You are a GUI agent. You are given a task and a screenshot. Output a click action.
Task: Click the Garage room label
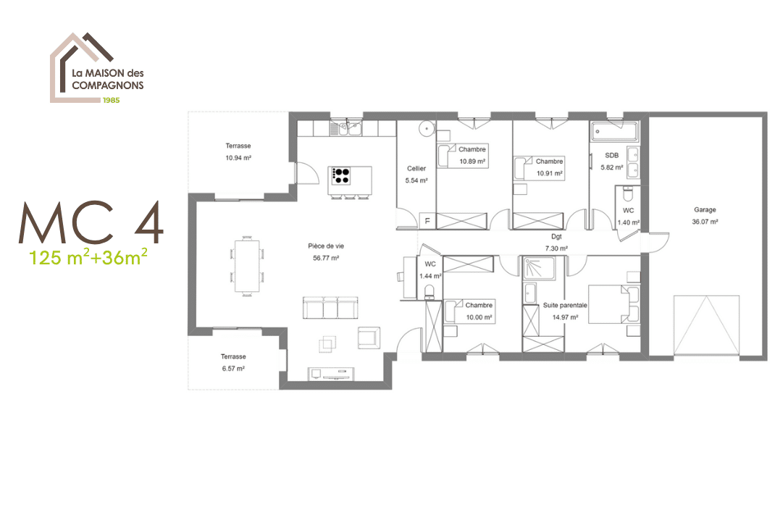[x=704, y=210]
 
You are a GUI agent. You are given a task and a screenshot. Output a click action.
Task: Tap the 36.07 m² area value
[x=704, y=222]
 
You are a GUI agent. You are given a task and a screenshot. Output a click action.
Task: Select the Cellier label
[x=416, y=169]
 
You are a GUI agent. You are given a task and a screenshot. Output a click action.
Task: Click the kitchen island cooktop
[x=340, y=175]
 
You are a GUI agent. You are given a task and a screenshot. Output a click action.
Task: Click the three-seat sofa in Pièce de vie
[x=330, y=308]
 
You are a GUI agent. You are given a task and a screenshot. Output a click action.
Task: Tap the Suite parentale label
[x=565, y=306]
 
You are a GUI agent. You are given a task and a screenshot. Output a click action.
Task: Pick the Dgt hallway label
[x=556, y=237]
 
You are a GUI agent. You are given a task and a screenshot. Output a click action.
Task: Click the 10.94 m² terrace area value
[x=238, y=157]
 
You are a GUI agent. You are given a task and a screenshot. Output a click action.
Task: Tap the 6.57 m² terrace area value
[x=233, y=368]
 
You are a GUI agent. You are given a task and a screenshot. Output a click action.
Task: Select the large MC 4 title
[x=91, y=222]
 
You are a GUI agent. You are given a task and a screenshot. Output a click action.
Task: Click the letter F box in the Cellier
[x=427, y=221]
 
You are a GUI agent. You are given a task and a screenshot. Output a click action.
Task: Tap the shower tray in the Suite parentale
[x=539, y=271]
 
